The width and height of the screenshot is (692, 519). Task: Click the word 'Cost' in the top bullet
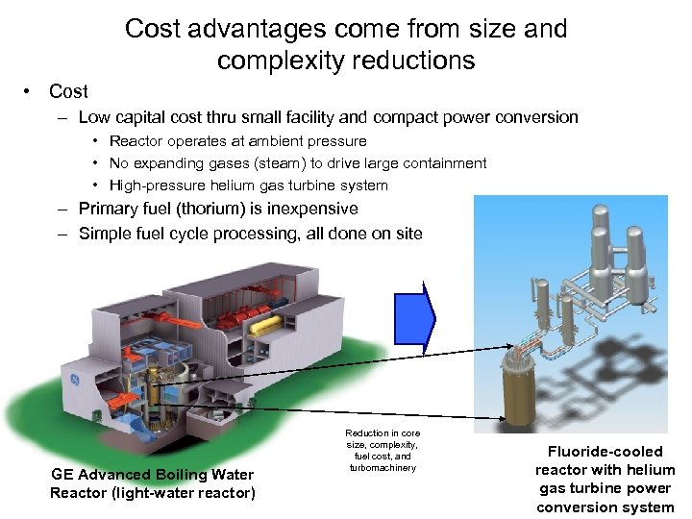click(x=68, y=91)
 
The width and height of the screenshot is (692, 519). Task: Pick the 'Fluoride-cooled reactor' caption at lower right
click(x=605, y=479)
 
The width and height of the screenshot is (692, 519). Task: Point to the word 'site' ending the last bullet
click(x=408, y=233)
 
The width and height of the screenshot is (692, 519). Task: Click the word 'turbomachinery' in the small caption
click(x=383, y=468)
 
